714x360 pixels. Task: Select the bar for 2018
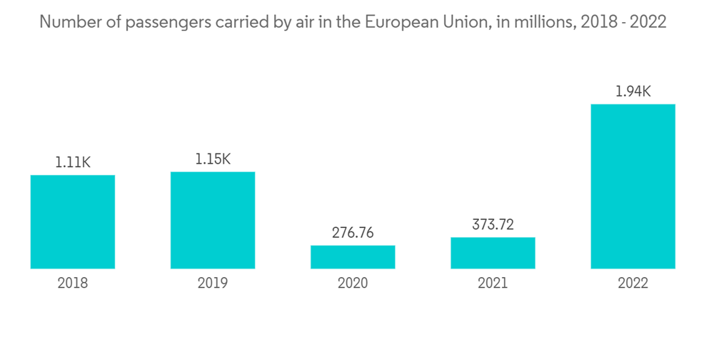point(73,221)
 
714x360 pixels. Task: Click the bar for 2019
point(213,220)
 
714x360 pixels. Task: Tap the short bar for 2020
point(353,257)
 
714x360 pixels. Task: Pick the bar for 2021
point(493,253)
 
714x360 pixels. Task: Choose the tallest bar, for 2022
point(633,186)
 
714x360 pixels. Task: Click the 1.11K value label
point(73,163)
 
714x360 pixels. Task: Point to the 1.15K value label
point(213,159)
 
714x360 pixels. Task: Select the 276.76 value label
point(353,233)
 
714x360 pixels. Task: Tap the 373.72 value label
point(493,225)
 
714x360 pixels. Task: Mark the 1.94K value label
point(633,91)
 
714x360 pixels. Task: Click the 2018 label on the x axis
point(73,284)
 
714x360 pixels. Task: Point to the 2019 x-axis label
point(213,284)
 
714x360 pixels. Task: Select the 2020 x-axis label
point(353,284)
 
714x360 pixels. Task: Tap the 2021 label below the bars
point(493,284)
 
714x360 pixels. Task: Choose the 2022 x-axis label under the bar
point(633,284)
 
